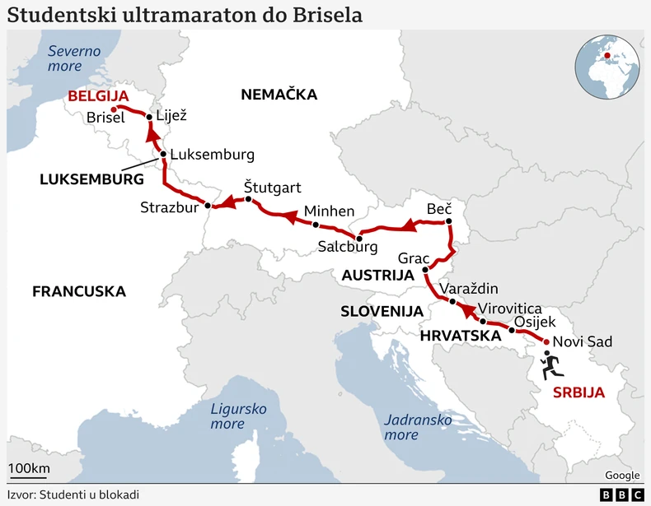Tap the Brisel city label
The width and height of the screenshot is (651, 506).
point(105,118)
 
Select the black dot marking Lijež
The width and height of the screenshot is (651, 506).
point(149,118)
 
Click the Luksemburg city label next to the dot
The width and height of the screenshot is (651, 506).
point(213,155)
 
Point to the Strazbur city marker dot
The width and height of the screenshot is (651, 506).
point(208,206)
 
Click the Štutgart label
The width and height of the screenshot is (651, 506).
point(272,188)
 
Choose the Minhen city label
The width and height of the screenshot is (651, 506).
point(329,211)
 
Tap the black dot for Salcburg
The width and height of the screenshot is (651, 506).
point(359,239)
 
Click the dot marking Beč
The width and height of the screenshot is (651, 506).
point(449,221)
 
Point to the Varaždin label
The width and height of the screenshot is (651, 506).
point(469,289)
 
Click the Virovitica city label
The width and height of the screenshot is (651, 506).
point(510,308)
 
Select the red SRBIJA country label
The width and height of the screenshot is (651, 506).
point(578,392)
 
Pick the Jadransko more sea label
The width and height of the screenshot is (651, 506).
point(418,426)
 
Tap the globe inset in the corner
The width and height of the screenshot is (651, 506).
point(608,67)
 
